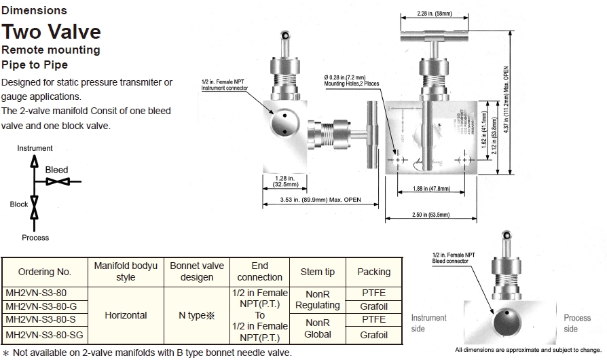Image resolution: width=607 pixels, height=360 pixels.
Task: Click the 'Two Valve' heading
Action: pos(52,31)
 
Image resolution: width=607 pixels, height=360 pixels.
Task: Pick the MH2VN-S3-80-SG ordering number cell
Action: pos(44,334)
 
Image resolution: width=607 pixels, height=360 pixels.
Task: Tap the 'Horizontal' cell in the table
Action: pos(126,315)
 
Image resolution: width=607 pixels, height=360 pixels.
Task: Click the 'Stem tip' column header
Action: pos(317,272)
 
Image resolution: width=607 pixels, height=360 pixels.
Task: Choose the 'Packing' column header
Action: pos(373,272)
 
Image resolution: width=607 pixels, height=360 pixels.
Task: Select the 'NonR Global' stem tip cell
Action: pos(317,329)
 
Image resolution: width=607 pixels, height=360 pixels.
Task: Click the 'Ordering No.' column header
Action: pos(45,272)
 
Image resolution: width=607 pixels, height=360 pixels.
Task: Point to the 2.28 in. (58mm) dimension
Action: pos(435,13)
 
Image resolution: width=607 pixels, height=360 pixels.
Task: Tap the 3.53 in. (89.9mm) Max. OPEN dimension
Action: pos(320,200)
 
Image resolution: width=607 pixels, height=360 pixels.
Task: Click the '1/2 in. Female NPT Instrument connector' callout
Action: pos(223,86)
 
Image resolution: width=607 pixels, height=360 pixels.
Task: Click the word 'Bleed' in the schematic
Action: pos(56,170)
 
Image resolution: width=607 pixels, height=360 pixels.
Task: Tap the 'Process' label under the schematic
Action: pos(35,238)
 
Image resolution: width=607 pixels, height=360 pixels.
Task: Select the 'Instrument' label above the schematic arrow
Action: pos(35,148)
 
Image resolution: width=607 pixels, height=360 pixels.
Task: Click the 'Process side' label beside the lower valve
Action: pos(576,323)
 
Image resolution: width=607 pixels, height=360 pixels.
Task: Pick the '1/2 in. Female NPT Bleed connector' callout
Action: pos(453,257)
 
